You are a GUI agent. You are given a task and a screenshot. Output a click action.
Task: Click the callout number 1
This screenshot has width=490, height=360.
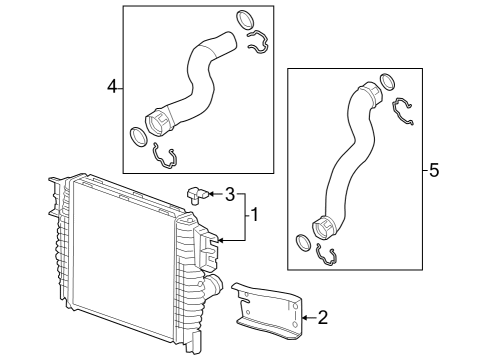(254, 214)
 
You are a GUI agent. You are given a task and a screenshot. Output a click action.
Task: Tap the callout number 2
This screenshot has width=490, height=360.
(322, 319)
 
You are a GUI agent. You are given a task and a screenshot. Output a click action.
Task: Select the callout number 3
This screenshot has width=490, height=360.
(229, 193)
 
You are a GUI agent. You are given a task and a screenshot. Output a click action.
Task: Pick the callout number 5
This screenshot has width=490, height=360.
(433, 171)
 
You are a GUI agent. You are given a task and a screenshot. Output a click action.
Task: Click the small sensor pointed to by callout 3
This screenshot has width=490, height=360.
(197, 192)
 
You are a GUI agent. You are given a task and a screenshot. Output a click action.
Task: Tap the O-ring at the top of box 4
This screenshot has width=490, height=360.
(245, 19)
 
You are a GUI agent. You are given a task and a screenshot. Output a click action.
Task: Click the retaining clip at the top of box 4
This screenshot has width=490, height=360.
(257, 41)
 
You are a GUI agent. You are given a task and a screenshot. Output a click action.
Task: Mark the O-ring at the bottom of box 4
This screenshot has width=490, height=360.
(137, 134)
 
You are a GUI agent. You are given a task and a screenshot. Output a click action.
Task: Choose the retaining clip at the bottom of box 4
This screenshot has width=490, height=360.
(165, 154)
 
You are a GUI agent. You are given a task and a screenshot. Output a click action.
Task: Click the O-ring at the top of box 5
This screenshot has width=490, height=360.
(389, 84)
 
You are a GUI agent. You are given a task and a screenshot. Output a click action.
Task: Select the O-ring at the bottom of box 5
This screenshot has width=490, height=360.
(302, 242)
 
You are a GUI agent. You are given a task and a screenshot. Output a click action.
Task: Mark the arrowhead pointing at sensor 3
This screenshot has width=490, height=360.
(212, 193)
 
